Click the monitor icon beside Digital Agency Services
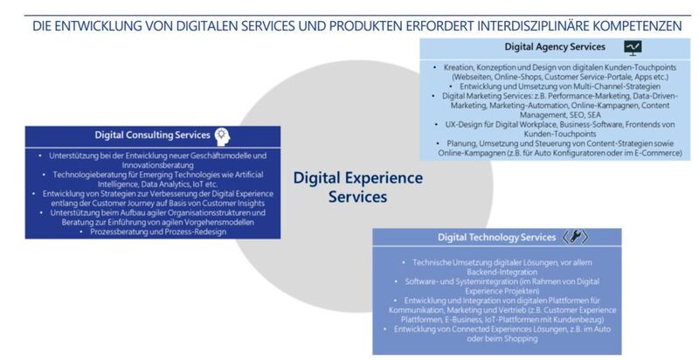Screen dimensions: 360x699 coord(633,48)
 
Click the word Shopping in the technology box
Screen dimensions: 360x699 coord(521,338)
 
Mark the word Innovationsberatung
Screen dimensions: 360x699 coord(153,164)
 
